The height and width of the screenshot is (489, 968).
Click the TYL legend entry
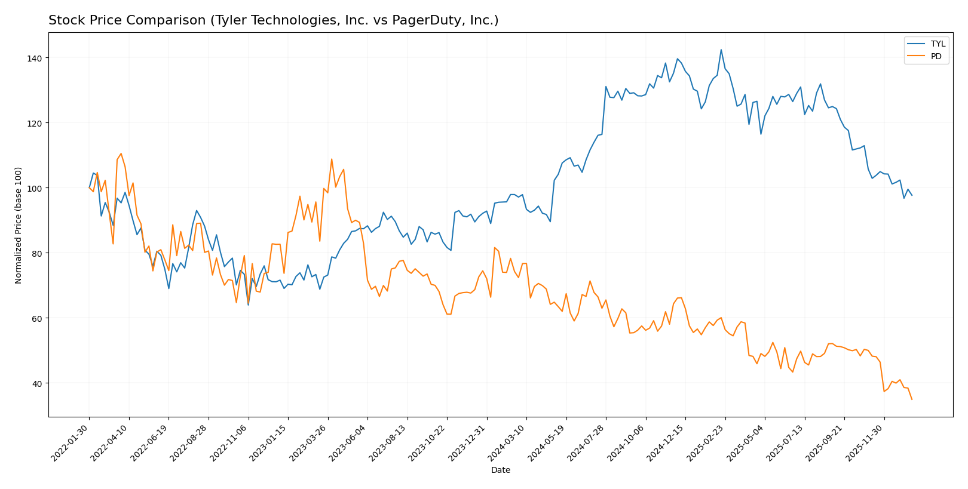click(x=938, y=44)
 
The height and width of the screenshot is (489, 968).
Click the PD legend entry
click(x=936, y=57)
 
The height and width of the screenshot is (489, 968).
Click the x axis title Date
click(x=501, y=470)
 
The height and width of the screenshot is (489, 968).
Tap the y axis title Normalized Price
click(x=19, y=225)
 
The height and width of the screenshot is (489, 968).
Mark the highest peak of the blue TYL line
click(x=721, y=50)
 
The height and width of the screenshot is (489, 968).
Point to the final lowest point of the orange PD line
click(x=912, y=399)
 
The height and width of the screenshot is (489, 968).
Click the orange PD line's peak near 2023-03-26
click(x=332, y=159)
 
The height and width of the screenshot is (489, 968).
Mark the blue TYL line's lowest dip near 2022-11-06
click(x=248, y=305)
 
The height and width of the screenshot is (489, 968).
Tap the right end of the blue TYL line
click(x=912, y=195)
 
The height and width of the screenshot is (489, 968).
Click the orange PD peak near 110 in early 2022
click(x=121, y=153)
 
